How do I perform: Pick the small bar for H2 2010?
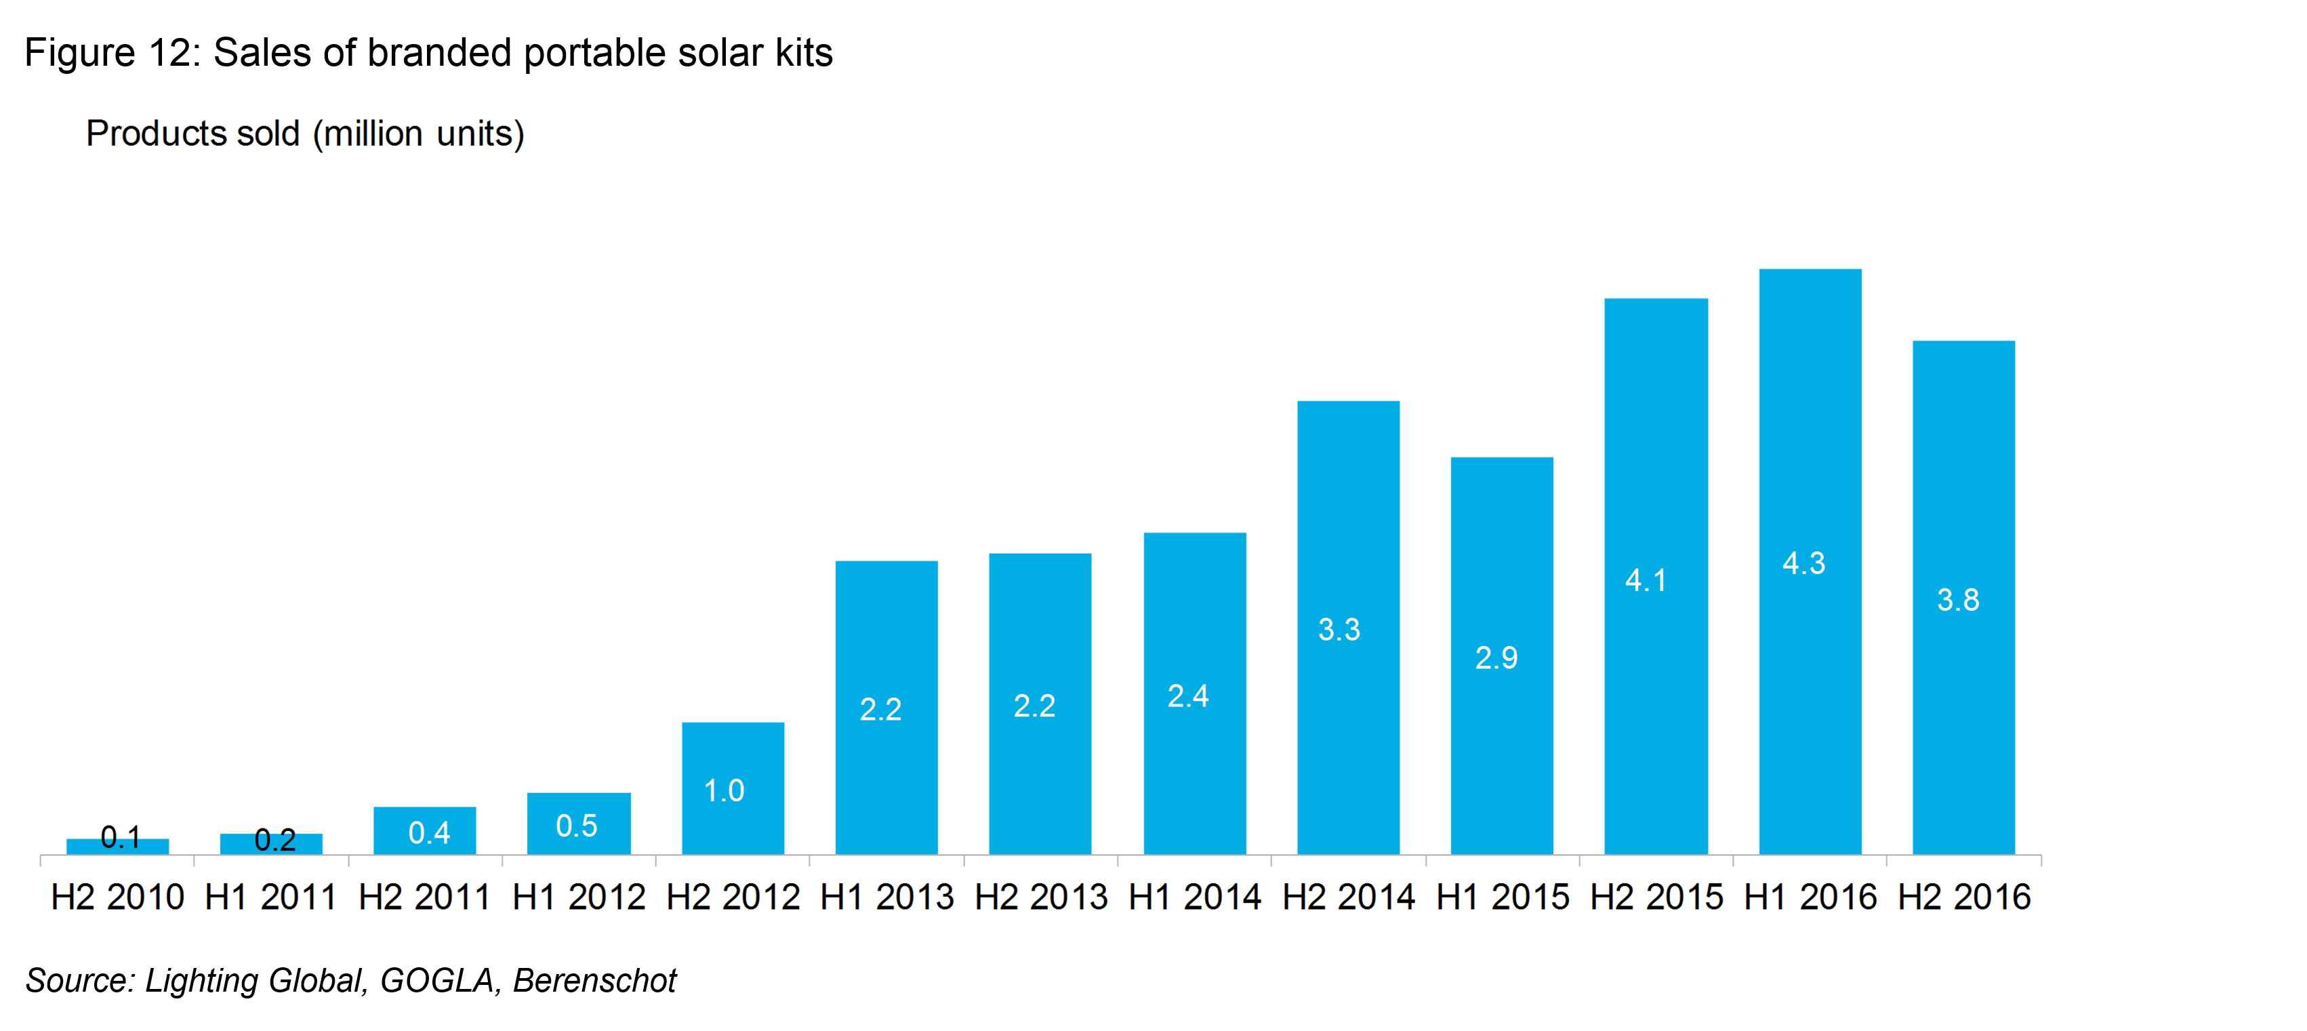[117, 847]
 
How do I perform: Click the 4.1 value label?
[1646, 580]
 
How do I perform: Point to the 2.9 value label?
[1496, 658]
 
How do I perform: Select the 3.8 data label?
[1958, 599]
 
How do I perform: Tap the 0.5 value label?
[577, 825]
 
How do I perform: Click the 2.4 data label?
[1189, 696]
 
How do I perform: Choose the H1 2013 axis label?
[886, 897]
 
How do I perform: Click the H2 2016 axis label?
[1964, 897]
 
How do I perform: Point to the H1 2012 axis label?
[579, 897]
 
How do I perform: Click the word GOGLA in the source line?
[437, 980]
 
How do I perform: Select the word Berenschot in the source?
[594, 980]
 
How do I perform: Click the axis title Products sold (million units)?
[304, 134]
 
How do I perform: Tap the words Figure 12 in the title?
[108, 53]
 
